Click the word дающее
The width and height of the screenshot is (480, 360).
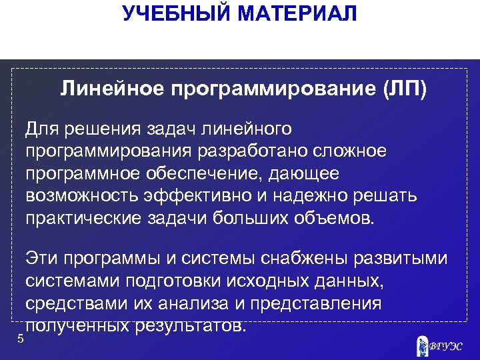pos(309,174)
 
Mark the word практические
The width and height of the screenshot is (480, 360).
pos(83,219)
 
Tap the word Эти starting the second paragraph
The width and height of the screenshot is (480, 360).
pos(42,258)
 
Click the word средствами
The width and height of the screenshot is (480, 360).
pos(75,303)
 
